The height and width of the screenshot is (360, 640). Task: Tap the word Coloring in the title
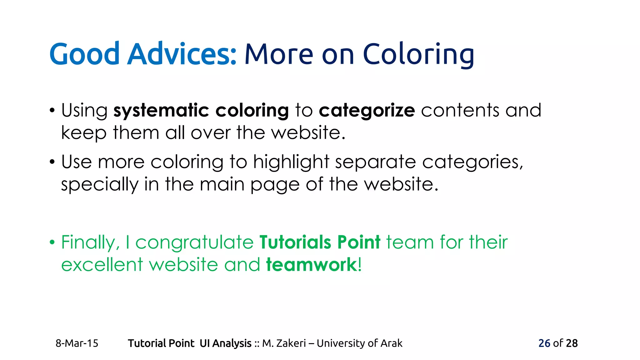[x=418, y=55]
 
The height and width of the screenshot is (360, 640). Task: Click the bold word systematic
[x=161, y=111]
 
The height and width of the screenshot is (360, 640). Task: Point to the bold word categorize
[x=367, y=111]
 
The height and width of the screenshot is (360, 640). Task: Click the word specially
[x=100, y=184]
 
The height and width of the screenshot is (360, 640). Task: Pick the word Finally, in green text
[x=91, y=242]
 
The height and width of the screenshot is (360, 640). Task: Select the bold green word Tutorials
[x=295, y=242]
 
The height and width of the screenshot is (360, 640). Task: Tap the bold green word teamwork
[x=311, y=265]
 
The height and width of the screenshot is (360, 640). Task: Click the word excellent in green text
[x=102, y=265]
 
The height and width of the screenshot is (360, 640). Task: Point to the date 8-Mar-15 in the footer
[x=77, y=343]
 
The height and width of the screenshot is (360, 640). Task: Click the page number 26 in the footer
[x=544, y=343]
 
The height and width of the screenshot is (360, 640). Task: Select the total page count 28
[x=572, y=343]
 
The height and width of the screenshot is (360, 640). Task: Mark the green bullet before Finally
[x=52, y=242]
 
